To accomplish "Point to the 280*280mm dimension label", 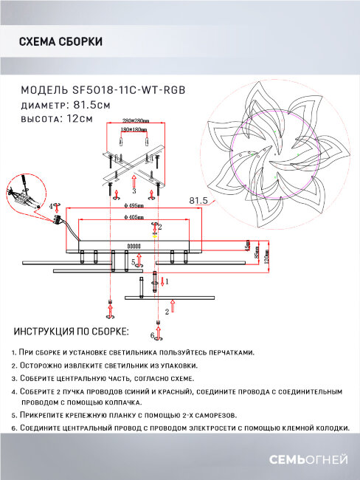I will point(136,120).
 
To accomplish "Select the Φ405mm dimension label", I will point(134,218).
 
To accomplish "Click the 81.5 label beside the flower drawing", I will point(197,200).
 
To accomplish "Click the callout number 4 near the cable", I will point(51,208).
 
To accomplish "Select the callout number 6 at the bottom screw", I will point(152,336).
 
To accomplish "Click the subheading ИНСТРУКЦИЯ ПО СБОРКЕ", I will point(71,332).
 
